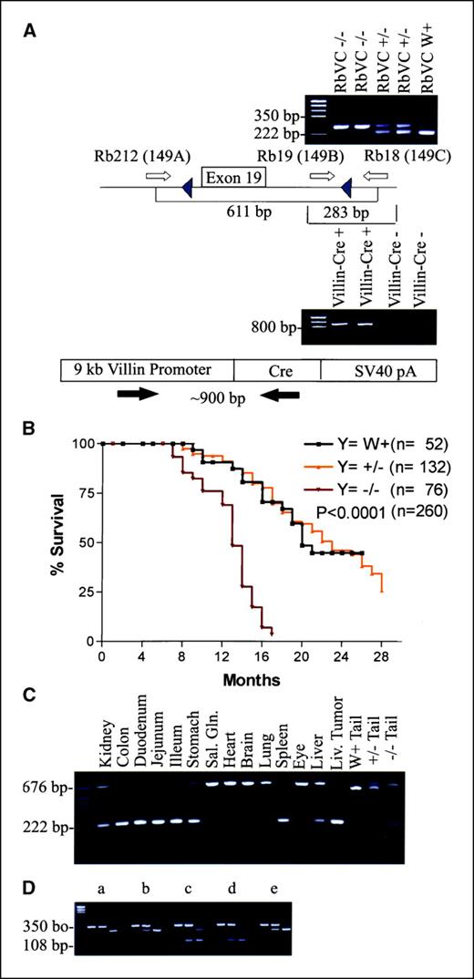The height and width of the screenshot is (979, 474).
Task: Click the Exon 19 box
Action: point(232,176)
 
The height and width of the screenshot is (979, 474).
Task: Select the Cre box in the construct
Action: point(277,369)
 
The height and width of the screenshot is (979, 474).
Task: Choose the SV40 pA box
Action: point(378,369)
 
